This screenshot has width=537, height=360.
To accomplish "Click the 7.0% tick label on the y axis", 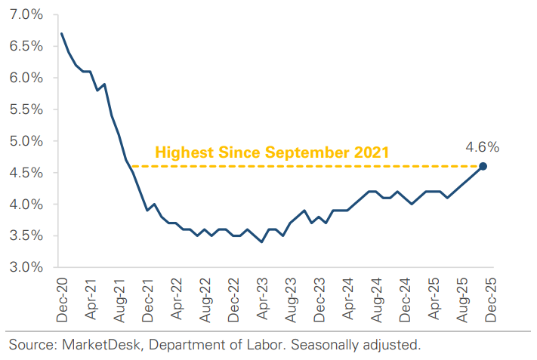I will coord(25,15).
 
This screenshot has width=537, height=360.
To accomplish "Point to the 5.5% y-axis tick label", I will coord(25,109).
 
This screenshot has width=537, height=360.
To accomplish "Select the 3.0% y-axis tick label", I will coord(25,267).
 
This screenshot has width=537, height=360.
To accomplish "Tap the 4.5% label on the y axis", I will coord(25,173).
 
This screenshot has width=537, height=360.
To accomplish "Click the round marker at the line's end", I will coord(483,166).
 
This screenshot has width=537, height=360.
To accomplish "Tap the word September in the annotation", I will coord(305,152).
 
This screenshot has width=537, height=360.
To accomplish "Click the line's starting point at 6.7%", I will coord(62,33).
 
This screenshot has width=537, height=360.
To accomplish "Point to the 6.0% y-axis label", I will coord(25,78).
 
